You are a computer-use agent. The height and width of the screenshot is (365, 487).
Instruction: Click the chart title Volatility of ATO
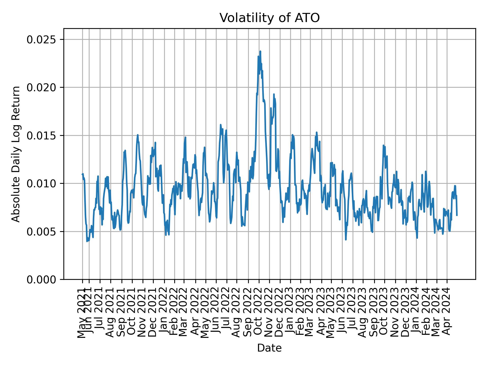[x=269, y=18]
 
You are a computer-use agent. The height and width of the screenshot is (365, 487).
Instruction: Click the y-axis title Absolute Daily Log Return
[x=16, y=154]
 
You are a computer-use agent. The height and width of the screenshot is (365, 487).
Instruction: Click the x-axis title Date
[x=269, y=348]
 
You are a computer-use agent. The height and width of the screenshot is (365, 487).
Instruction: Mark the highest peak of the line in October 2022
[x=260, y=51]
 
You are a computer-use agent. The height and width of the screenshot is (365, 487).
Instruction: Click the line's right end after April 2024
[x=457, y=215]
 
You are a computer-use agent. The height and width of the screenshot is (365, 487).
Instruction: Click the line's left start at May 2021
[x=82, y=174]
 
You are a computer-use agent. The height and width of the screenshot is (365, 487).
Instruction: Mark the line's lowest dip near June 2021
[x=87, y=241]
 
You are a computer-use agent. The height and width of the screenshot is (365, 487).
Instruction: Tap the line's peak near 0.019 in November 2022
[x=274, y=94]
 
